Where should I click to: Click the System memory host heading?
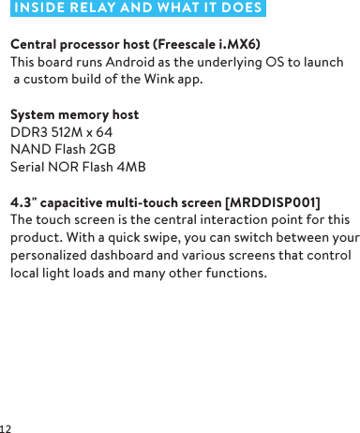click(74, 114)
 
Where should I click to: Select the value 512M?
click(66, 132)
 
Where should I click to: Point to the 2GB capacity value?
click(103, 149)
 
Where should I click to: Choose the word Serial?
click(29, 167)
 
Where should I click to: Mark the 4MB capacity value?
click(130, 167)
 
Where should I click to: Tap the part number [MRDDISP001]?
click(273, 202)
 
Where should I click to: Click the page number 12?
click(7, 427)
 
